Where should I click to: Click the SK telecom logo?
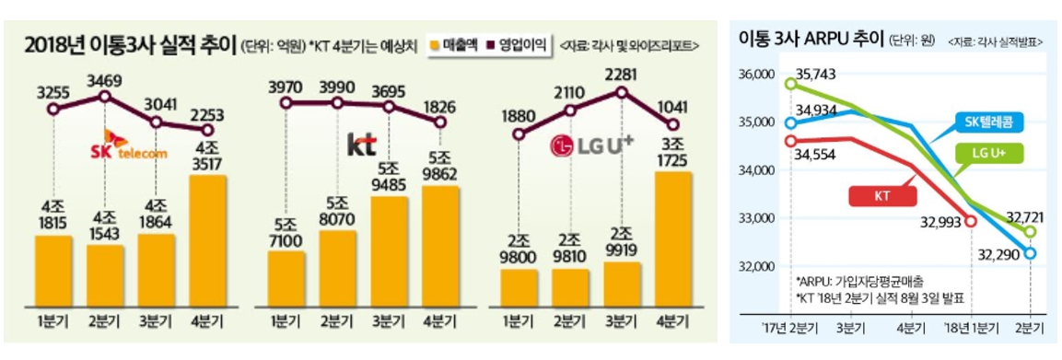point(130,145)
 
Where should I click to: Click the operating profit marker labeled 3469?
point(105,96)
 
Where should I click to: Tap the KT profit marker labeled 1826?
point(440,122)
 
